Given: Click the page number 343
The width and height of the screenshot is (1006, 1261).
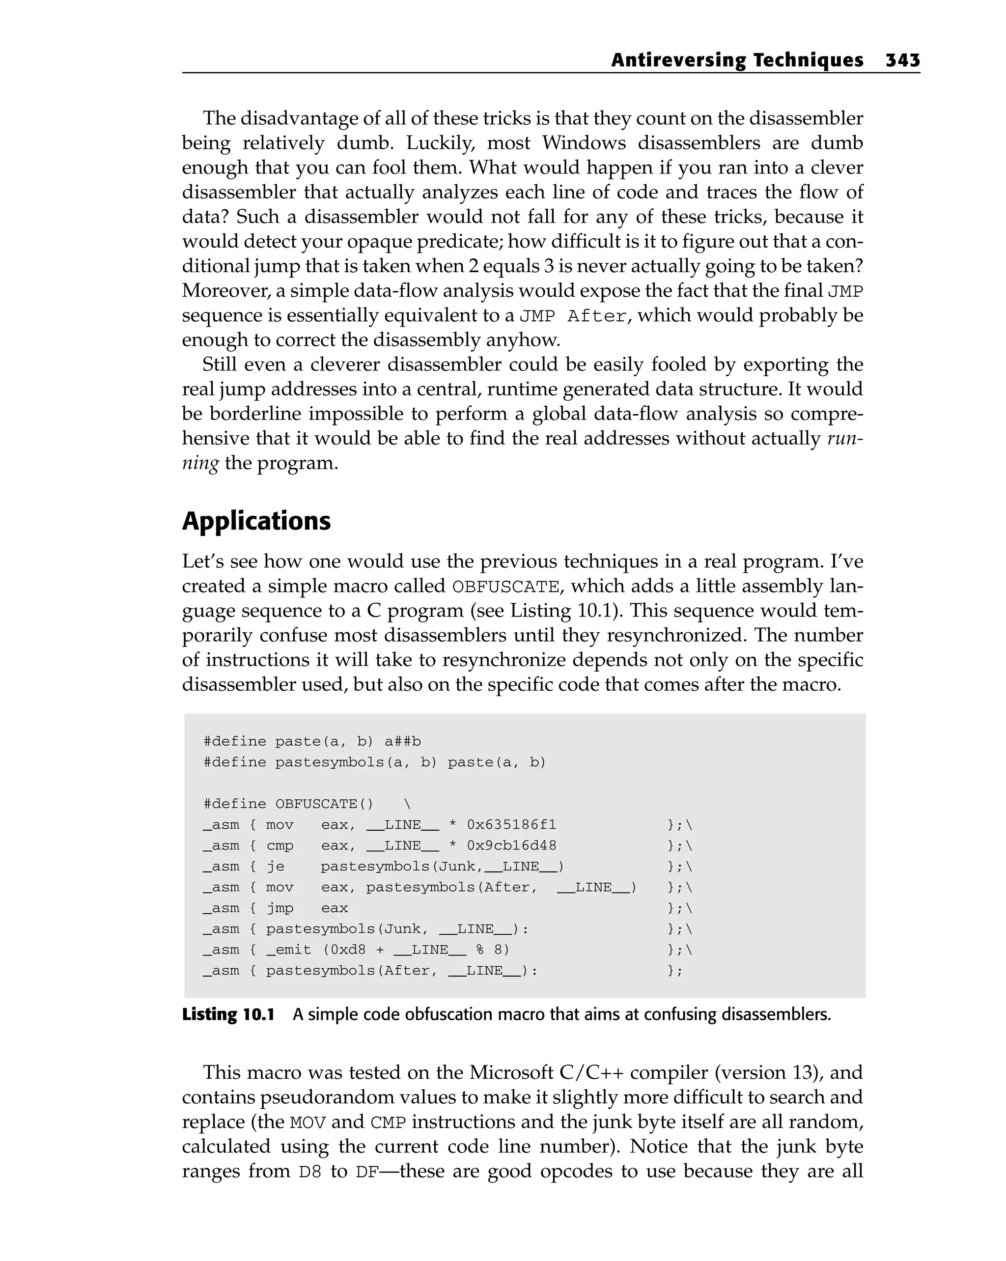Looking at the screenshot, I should pyautogui.click(x=902, y=60).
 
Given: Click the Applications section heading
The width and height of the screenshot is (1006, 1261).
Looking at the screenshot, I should pyautogui.click(x=256, y=521).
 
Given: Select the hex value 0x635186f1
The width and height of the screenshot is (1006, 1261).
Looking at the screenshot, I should pyautogui.click(x=511, y=825).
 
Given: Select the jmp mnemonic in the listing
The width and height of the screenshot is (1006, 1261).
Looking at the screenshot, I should pyautogui.click(x=279, y=908).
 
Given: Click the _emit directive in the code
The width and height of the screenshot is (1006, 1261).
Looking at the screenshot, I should pyautogui.click(x=288, y=949).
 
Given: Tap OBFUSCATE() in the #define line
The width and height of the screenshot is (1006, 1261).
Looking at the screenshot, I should pyautogui.click(x=324, y=804).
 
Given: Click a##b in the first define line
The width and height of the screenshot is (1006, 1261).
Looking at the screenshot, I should pyautogui.click(x=402, y=742).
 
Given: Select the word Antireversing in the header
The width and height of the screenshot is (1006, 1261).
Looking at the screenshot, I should pyautogui.click(x=678, y=60).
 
